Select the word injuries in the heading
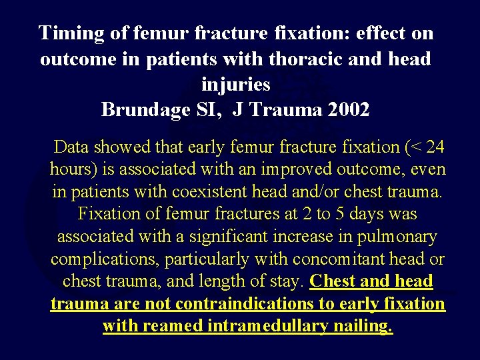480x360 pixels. coord(235,85)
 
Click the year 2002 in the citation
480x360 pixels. coord(348,109)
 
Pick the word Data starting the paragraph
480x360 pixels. coord(73,147)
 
